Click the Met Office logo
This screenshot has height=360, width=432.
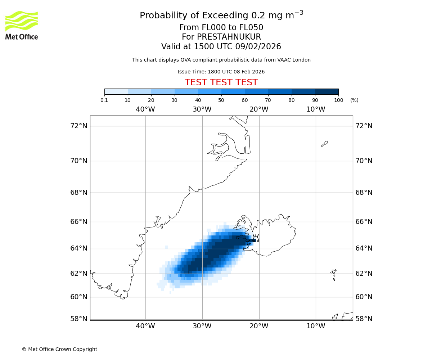pos(22,25)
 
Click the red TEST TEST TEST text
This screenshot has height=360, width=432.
pos(221,83)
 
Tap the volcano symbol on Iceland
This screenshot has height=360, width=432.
pos(256,238)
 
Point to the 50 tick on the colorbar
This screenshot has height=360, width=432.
pos(221,100)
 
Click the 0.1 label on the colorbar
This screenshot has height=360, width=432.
pos(104,100)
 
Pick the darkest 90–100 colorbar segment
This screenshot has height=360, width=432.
pos(327,91)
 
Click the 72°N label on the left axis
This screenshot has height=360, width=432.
pos(78,126)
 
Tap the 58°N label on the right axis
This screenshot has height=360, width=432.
pos(364,319)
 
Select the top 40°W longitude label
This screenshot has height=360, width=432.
pos(145,109)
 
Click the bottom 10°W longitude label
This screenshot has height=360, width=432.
pos(316,326)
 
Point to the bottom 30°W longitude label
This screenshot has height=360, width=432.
pos(202,326)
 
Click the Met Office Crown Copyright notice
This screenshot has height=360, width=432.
pos(59,349)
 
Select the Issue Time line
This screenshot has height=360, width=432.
pos(221,72)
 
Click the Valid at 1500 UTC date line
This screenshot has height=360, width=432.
pos(221,47)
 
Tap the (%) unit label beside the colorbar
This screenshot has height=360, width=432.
pos(354,100)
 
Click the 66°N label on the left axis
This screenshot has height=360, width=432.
pos(78,221)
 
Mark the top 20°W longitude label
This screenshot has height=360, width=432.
pos(259,109)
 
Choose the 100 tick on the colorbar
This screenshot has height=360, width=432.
pos(338,100)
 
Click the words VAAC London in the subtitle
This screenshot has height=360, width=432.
pos(295,60)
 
